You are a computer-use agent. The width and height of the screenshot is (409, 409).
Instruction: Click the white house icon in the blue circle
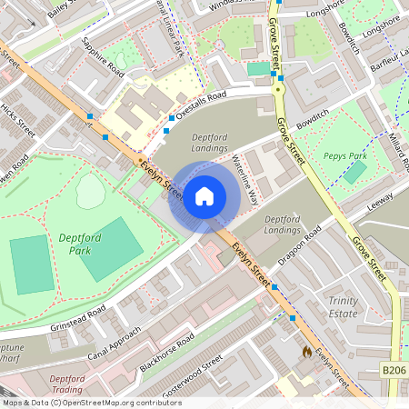click(x=204, y=195)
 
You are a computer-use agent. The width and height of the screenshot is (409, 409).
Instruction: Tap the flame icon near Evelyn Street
click(x=306, y=350)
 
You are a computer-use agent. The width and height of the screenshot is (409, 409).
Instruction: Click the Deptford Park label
click(x=85, y=244)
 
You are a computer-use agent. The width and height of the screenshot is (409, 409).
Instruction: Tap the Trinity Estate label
click(x=343, y=306)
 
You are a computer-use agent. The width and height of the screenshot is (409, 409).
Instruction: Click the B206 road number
click(x=393, y=371)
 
